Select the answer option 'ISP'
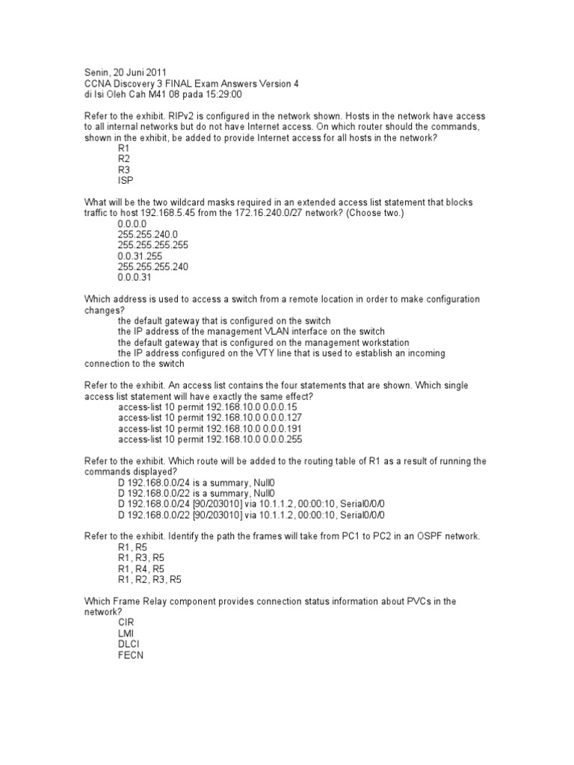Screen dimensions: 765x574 point(125,180)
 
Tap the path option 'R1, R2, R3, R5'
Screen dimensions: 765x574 point(149,579)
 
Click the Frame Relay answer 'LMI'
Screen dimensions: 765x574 point(126,633)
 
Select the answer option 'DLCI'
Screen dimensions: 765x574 point(129,644)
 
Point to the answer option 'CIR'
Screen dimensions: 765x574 point(126,622)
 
